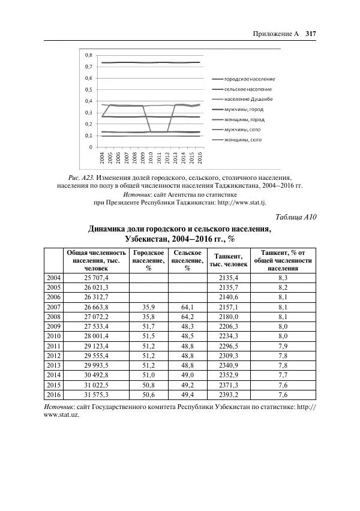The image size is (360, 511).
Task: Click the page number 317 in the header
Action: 310,34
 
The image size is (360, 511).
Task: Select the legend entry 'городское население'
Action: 249,79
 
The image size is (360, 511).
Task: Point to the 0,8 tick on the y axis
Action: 88,55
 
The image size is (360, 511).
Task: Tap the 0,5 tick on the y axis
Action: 88,89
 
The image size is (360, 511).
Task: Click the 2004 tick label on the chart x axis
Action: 103,157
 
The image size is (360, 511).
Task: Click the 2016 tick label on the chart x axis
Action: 200,157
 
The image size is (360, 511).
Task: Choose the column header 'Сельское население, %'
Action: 187,260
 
